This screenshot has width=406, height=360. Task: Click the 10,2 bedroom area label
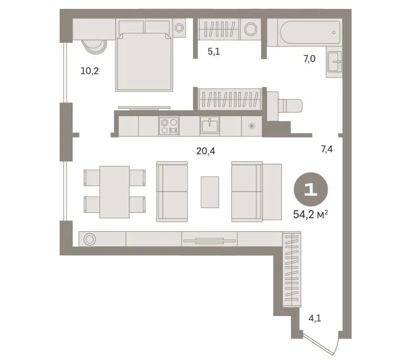(89, 71)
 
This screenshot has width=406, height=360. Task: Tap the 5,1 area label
(213, 51)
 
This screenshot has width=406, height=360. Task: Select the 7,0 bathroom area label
(309, 59)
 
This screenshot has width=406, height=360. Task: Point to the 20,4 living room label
(206, 151)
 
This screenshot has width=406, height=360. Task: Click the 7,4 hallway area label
(327, 149)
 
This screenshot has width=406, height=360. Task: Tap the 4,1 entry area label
(314, 318)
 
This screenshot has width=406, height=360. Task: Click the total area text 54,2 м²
(311, 215)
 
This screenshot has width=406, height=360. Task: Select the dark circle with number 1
(311, 189)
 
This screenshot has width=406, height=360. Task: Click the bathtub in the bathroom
(310, 32)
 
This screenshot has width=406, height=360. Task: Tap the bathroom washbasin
(334, 62)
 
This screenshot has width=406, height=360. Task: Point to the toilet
(289, 106)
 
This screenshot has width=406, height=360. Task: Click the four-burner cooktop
(169, 126)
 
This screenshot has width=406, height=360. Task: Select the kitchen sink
(210, 126)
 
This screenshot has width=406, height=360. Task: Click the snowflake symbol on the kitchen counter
(252, 126)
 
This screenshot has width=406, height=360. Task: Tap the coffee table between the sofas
(210, 192)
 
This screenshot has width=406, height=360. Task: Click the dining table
(115, 192)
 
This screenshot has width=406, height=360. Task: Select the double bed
(144, 62)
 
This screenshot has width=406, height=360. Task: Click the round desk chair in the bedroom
(95, 47)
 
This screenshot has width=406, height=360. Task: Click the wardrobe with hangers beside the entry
(292, 269)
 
